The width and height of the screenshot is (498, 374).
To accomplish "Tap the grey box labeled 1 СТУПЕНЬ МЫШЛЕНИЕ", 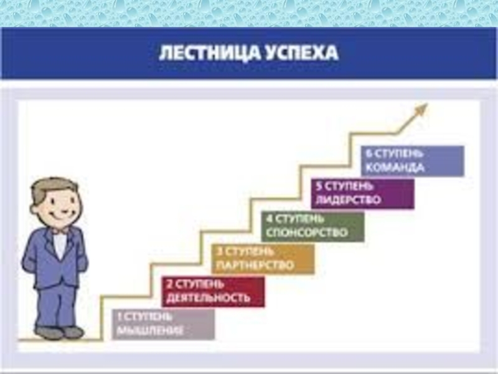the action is pyautogui.click(x=163, y=324).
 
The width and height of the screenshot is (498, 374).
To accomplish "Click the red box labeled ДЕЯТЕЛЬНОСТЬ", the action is pyautogui.click(x=214, y=291).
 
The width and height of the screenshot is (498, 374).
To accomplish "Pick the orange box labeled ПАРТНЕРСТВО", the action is pyautogui.click(x=263, y=259).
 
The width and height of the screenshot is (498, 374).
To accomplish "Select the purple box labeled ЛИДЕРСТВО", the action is pyautogui.click(x=362, y=194).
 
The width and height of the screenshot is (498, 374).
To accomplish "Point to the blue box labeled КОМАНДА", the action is pyautogui.click(x=412, y=161).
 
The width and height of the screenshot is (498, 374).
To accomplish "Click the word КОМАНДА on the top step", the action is pyautogui.click(x=395, y=168).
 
